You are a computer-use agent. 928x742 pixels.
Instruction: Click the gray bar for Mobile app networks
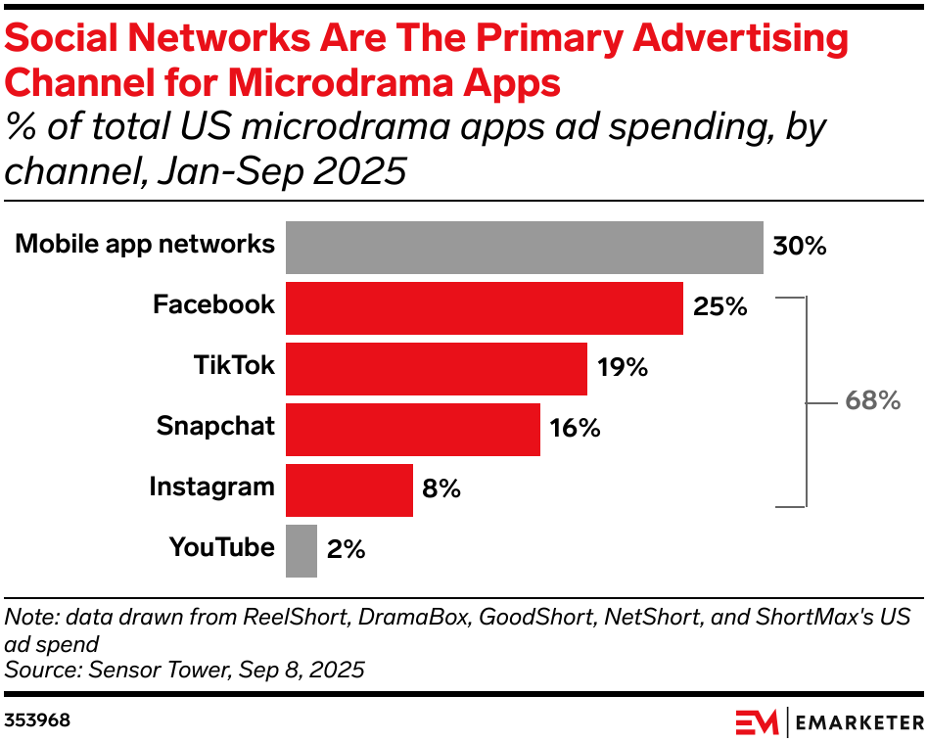pyautogui.click(x=524, y=247)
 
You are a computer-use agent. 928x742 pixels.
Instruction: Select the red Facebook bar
pyautogui.click(x=484, y=307)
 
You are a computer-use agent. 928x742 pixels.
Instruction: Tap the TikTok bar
pyautogui.click(x=436, y=368)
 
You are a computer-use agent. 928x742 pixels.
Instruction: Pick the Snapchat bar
pyautogui.click(x=412, y=429)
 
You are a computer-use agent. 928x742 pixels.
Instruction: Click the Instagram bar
pyautogui.click(x=348, y=489)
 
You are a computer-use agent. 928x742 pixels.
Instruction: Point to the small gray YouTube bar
pyautogui.click(x=302, y=550)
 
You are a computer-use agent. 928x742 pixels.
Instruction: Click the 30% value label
pyautogui.click(x=800, y=246)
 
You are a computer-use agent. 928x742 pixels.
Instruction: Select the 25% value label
pyautogui.click(x=719, y=307)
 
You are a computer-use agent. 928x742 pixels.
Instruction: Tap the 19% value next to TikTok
pyautogui.click(x=623, y=368)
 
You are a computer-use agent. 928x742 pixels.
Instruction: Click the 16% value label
pyautogui.click(x=575, y=429)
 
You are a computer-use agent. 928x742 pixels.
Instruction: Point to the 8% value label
pyautogui.click(x=441, y=489)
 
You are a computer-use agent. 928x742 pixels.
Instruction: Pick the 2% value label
pyautogui.click(x=346, y=550)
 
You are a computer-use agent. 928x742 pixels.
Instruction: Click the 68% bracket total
pyautogui.click(x=872, y=400)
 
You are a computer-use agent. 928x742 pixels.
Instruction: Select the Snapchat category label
pyautogui.click(x=215, y=427)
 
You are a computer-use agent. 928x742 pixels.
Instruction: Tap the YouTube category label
pyautogui.click(x=222, y=548)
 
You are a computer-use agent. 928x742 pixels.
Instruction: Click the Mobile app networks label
pyautogui.click(x=145, y=244)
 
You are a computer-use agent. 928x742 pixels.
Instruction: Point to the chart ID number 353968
pyautogui.click(x=37, y=720)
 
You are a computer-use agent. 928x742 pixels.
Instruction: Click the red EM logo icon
pyautogui.click(x=757, y=722)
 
